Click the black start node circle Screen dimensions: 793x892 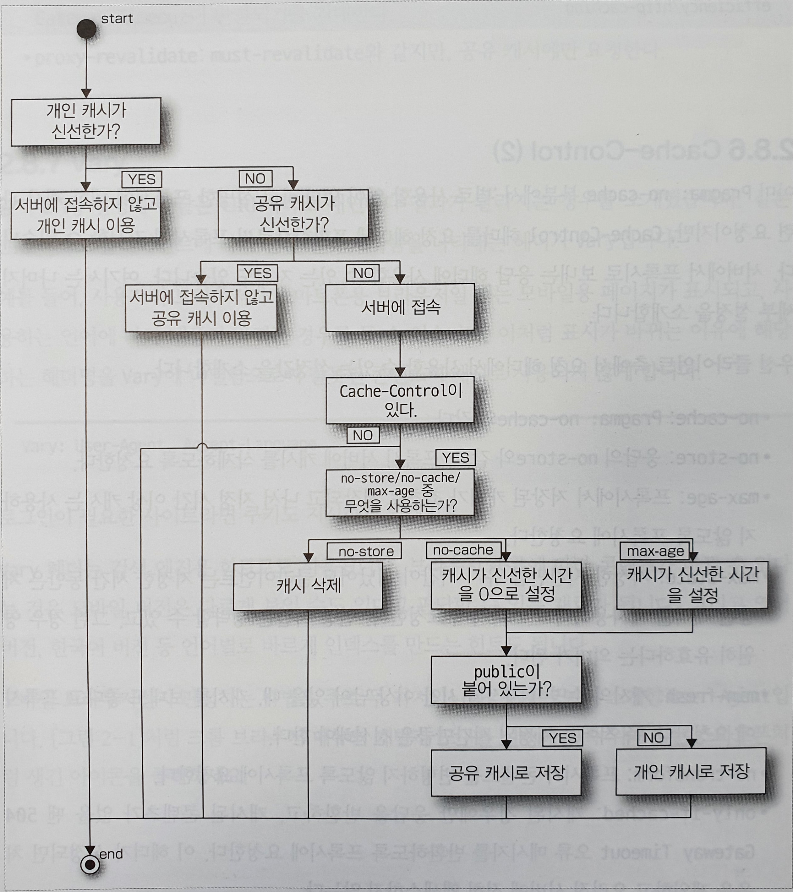click(x=86, y=29)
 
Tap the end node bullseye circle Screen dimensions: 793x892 click(x=90, y=864)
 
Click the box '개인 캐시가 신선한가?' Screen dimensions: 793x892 click(x=86, y=121)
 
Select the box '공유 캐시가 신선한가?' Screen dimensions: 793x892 click(x=293, y=214)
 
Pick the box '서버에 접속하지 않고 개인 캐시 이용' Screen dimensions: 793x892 click(x=86, y=215)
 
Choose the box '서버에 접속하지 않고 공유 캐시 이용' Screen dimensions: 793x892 click(x=201, y=308)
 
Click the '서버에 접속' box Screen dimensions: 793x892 click(x=400, y=307)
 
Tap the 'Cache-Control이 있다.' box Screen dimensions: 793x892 click(x=400, y=400)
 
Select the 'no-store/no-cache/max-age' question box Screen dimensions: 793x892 click(x=400, y=492)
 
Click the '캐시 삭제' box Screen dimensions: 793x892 click(x=308, y=586)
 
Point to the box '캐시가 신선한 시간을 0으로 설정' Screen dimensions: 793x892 click(x=506, y=585)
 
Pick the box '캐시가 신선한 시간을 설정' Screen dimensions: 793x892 click(x=692, y=585)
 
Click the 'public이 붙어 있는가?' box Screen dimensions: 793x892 click(x=506, y=679)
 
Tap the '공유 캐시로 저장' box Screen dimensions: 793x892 click(x=506, y=772)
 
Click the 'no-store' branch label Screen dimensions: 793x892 click(x=365, y=552)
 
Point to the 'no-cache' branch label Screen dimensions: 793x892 click(x=463, y=550)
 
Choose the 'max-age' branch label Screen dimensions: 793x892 click(x=655, y=551)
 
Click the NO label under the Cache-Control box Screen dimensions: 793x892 click(x=363, y=435)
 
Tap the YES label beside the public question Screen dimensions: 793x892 click(x=563, y=738)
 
